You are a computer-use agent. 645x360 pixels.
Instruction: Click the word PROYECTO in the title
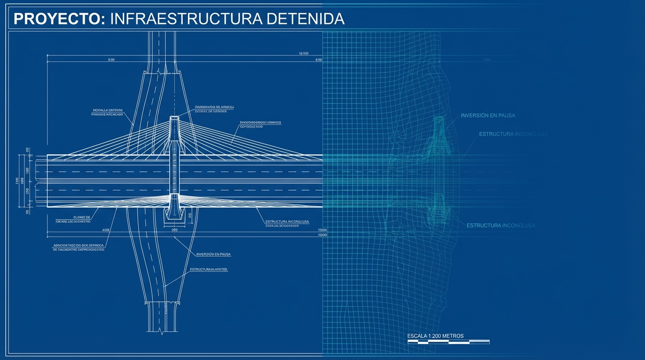tap(56, 19)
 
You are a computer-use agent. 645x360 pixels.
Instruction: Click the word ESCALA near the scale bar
tap(417, 336)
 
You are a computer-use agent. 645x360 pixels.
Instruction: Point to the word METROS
tap(452, 336)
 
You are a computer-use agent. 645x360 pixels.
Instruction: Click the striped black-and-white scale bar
tap(449, 342)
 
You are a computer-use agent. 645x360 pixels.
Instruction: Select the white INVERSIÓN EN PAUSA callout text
tap(214, 254)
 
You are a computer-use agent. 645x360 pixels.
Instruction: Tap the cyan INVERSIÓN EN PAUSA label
tap(488, 115)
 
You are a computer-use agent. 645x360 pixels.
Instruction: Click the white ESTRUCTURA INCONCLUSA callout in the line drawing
tap(287, 221)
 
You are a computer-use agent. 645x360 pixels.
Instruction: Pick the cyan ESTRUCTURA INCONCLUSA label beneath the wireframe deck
tap(501, 225)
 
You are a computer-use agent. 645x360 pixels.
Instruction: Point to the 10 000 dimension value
tap(303, 53)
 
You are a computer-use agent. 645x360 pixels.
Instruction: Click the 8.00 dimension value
tap(111, 60)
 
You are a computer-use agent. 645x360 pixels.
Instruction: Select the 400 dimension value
tap(105, 230)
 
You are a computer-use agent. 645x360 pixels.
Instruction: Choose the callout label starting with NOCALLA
tap(108, 112)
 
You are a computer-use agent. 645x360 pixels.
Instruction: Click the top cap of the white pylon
tap(174, 118)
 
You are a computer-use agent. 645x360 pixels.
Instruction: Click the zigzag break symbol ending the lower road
tap(161, 331)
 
